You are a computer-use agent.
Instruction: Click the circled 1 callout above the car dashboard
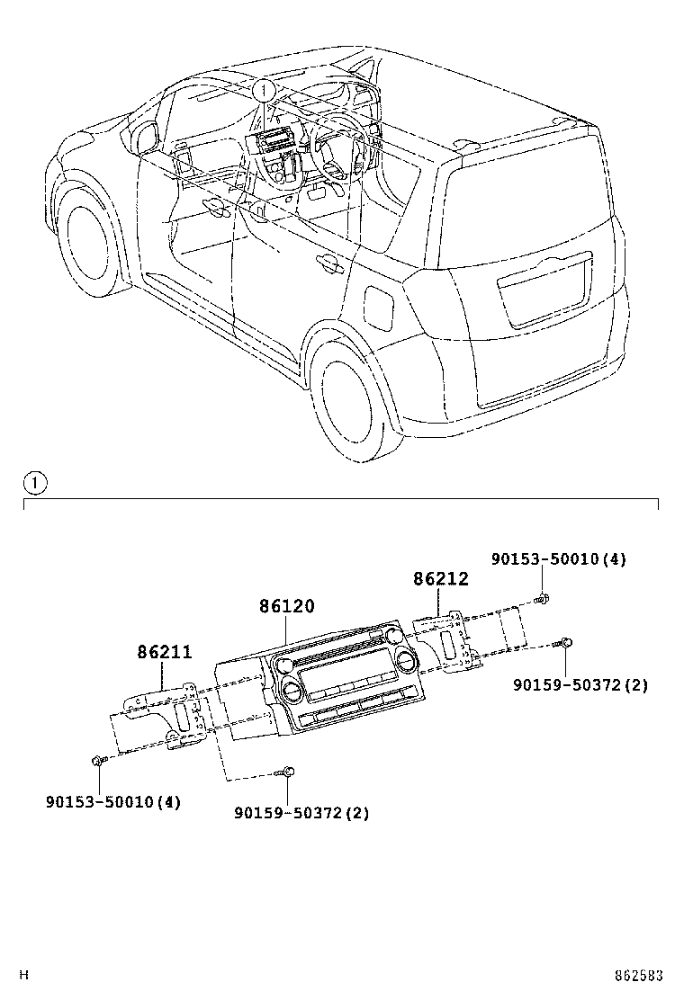tap(263, 90)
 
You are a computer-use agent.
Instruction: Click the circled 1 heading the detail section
tap(33, 484)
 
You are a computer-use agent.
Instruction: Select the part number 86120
tap(287, 607)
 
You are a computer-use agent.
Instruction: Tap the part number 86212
tap(441, 578)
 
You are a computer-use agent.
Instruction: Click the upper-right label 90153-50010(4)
tap(558, 558)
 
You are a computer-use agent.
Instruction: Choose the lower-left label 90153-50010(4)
tap(113, 801)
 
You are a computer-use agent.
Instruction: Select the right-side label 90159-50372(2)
tap(580, 685)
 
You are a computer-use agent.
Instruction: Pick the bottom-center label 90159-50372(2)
tap(301, 813)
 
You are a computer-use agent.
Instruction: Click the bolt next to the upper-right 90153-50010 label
tap(542, 597)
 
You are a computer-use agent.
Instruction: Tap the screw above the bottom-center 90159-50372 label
tap(287, 771)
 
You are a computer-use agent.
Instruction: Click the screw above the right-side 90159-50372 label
tap(566, 642)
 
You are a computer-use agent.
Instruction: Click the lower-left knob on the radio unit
tap(292, 691)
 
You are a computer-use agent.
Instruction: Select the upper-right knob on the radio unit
tap(404, 663)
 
